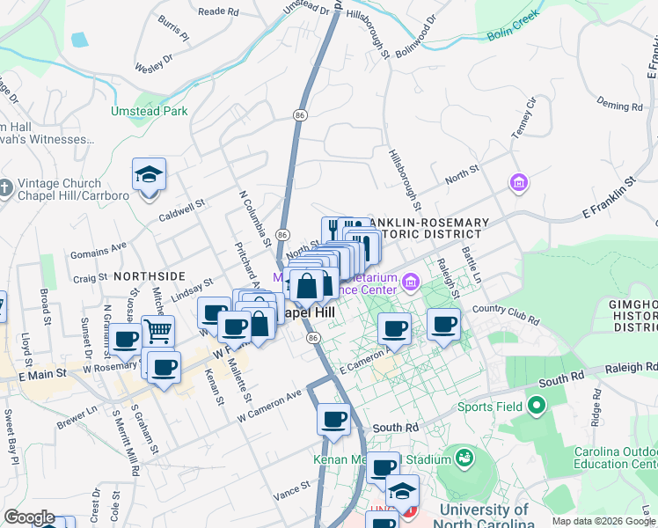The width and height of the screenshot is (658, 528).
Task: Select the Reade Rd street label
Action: (218, 11)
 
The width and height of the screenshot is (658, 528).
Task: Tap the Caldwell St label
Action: (181, 209)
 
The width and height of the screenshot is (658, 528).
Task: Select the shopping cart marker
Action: (157, 332)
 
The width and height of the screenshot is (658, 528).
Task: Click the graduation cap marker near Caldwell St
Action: (149, 174)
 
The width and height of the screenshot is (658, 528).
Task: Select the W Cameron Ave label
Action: (270, 402)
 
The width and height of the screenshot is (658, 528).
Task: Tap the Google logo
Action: (29, 517)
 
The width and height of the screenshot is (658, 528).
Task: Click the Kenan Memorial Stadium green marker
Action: (463, 458)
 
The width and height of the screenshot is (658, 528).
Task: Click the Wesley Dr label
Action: (156, 66)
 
